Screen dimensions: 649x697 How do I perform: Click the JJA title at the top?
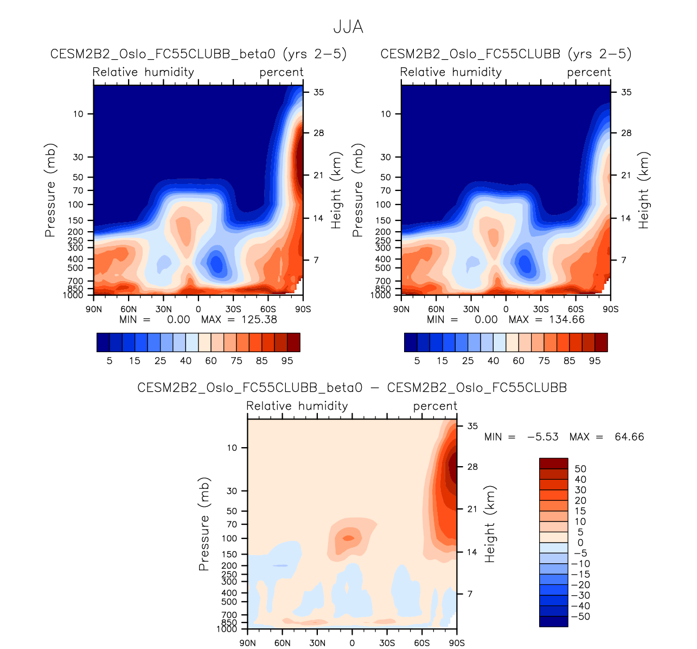click(x=348, y=27)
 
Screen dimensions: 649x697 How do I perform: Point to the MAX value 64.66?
click(x=629, y=437)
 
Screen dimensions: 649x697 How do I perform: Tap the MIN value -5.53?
click(x=542, y=437)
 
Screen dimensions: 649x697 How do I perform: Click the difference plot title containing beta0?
click(x=352, y=388)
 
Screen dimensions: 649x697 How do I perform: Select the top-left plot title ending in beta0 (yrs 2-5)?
click(x=198, y=54)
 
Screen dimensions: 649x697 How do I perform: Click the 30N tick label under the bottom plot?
click(x=317, y=643)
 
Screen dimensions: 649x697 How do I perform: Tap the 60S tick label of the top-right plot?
click(x=576, y=309)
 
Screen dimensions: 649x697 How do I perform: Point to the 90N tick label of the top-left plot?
click(x=94, y=309)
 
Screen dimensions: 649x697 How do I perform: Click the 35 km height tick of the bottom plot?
click(x=472, y=426)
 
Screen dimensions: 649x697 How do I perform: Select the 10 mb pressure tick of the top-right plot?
click(x=386, y=114)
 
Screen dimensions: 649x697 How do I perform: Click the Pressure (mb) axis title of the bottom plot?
click(x=204, y=524)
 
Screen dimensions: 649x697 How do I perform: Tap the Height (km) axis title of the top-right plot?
click(x=644, y=190)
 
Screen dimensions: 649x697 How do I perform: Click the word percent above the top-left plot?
click(x=281, y=72)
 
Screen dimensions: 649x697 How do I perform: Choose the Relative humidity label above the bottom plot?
click(x=297, y=406)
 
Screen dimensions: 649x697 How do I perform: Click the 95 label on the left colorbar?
click(x=287, y=361)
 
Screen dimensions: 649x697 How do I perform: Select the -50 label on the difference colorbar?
click(x=580, y=616)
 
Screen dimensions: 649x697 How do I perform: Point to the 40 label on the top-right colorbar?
click(x=493, y=361)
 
